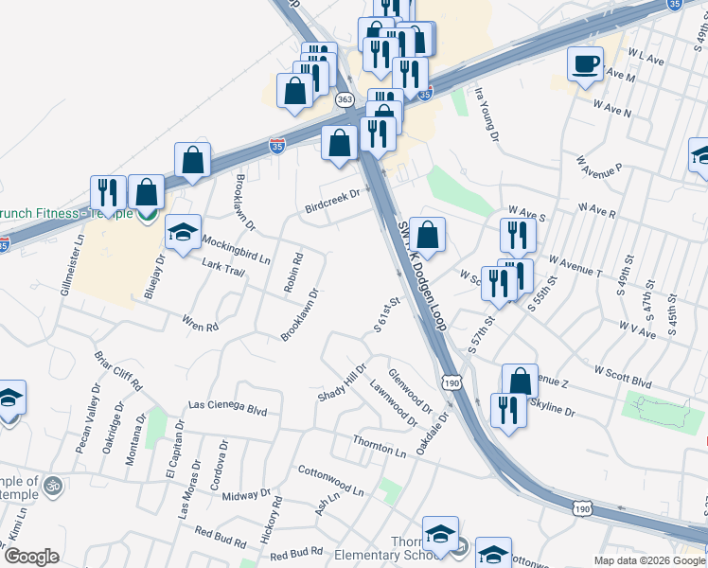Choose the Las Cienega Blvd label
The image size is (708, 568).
coord(228,407)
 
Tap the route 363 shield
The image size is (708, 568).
coord(345,99)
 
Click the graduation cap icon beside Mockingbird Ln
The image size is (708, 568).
coord(184,231)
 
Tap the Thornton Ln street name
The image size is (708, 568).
coord(379,445)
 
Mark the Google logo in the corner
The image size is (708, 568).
coord(32,557)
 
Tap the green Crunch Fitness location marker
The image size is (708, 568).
coord(145,214)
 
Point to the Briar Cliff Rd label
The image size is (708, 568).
coord(117,372)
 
